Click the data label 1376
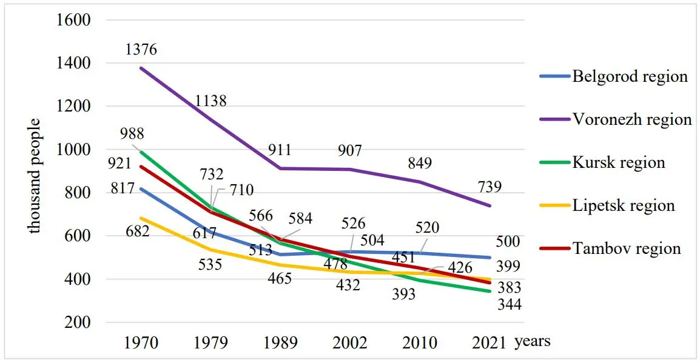pyautogui.click(x=141, y=50)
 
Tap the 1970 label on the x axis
pyautogui.click(x=141, y=342)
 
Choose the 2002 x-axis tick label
pyautogui.click(x=350, y=342)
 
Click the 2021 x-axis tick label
pyautogui.click(x=490, y=342)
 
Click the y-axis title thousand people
pyautogui.click(x=35, y=176)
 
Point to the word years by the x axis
pyautogui.click(x=533, y=341)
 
